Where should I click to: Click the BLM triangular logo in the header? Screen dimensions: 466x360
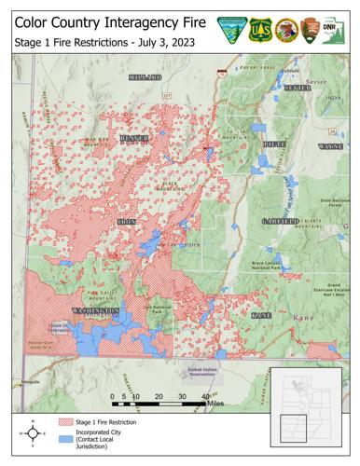click(x=229, y=30)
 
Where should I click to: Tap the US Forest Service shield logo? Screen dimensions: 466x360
click(x=259, y=30)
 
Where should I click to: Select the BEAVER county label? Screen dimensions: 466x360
click(x=134, y=139)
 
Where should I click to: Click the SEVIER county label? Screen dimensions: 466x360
click(x=298, y=88)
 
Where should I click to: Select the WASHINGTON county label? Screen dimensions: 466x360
click(x=96, y=309)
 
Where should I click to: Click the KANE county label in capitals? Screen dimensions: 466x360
click(x=261, y=316)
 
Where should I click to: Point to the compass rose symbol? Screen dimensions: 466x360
click(x=34, y=433)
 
